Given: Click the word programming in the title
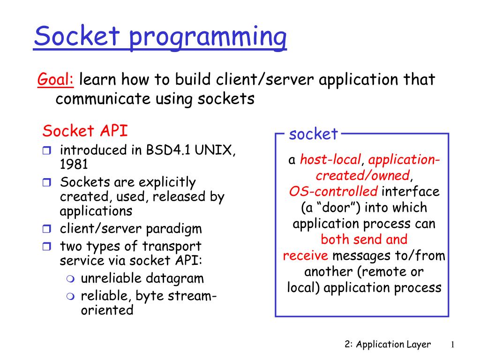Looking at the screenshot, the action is click(x=208, y=37).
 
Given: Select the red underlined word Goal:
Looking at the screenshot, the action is click(x=55, y=79).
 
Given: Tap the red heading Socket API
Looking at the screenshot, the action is click(x=85, y=131).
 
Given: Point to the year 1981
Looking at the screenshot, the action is click(x=74, y=164).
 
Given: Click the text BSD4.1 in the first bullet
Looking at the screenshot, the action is click(x=168, y=150).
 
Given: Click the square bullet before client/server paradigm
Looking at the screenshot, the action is click(x=46, y=228).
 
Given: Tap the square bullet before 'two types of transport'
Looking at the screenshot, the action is click(x=46, y=246).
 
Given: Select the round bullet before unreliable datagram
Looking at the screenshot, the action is click(x=70, y=278).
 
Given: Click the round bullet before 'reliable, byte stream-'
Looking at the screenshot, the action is click(x=70, y=296).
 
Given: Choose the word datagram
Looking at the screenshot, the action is click(x=173, y=279).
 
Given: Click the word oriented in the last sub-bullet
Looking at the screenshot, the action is click(x=107, y=310).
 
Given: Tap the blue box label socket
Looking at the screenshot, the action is click(x=313, y=134).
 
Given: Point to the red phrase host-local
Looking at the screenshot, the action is click(x=330, y=159).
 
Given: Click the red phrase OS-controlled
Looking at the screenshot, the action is click(x=333, y=191).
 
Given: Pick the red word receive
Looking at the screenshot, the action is click(x=305, y=255).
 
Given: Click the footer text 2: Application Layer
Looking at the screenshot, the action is click(x=388, y=345).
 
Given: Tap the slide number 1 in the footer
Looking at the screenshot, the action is click(x=452, y=345).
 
